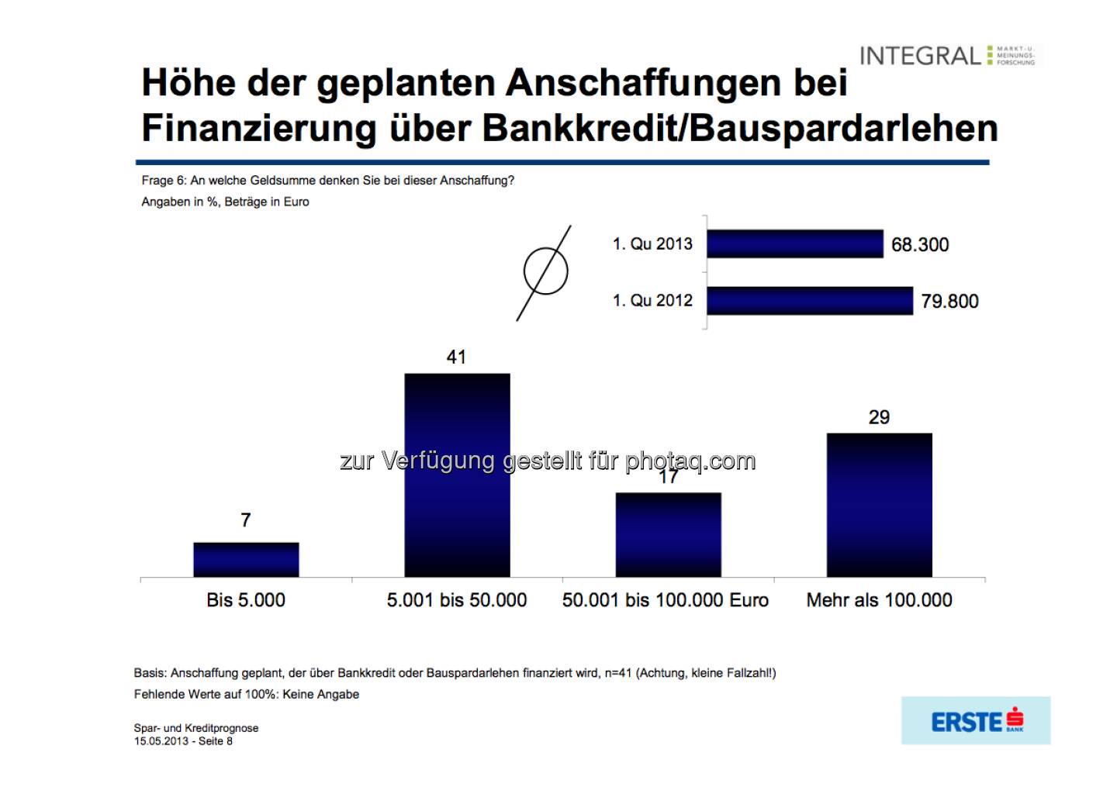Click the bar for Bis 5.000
tap(246, 559)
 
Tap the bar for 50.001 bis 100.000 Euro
tap(668, 534)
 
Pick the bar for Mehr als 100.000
tap(879, 504)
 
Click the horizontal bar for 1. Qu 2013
tap(794, 243)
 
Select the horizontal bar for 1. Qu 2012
tap(809, 301)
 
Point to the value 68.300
tap(920, 245)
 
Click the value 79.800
tap(949, 302)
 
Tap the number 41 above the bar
tap(456, 357)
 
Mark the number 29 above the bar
tap(879, 417)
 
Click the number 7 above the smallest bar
tap(246, 520)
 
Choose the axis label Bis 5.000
tap(246, 600)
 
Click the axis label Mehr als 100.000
tap(879, 600)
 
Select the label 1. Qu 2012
tap(652, 301)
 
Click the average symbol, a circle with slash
tap(545, 272)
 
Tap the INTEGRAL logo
tap(947, 56)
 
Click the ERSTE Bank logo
tap(976, 721)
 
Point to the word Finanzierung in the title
tap(259, 128)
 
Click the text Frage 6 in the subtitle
tap(164, 181)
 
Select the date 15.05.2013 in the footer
tap(161, 741)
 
